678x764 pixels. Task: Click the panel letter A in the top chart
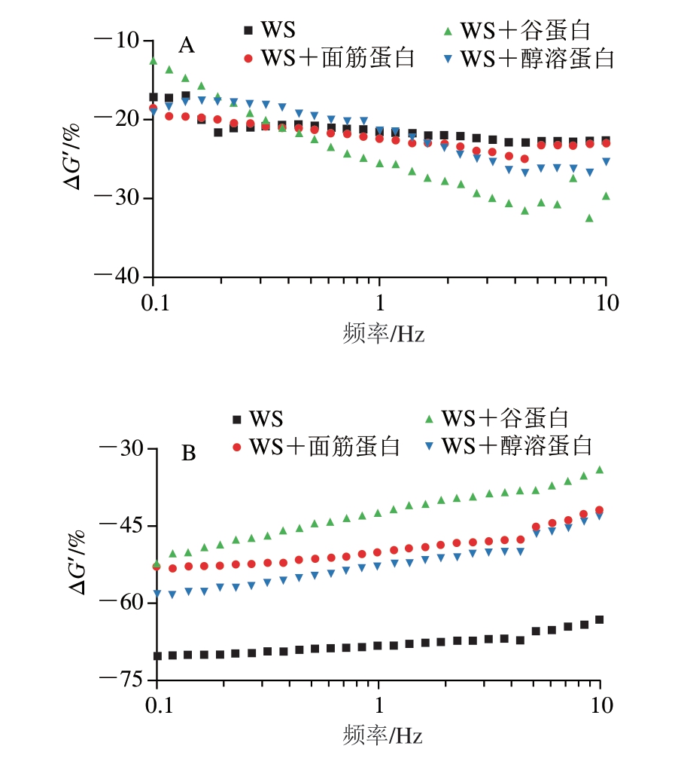point(186,47)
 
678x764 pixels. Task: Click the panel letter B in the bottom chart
point(189,454)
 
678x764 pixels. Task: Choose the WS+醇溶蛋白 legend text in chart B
point(516,445)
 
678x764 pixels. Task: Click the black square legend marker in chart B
point(238,419)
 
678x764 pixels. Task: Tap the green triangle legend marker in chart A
point(447,32)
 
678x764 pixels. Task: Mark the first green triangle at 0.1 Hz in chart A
point(154,61)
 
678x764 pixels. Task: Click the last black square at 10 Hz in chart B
point(600,619)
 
